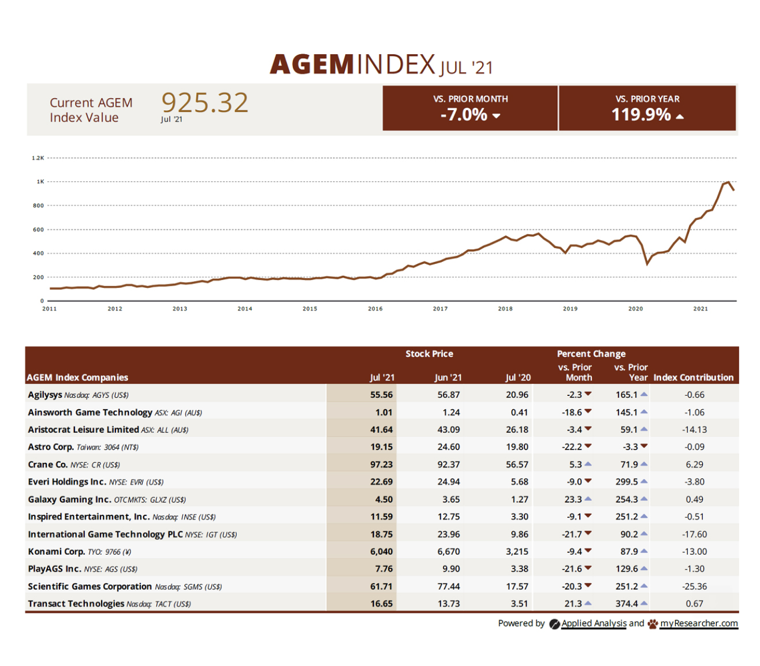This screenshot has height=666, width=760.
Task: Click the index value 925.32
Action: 205,103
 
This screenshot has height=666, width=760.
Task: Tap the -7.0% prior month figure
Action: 464,114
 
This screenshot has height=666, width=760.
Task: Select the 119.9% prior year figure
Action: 641,114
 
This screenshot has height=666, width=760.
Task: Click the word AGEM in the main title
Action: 312,64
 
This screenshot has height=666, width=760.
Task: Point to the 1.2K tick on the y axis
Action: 38,158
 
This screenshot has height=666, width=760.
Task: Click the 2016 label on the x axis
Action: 375,309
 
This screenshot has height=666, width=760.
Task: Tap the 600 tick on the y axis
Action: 38,230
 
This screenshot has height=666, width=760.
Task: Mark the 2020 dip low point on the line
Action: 647,264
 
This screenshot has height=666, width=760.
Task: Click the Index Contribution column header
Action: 693,377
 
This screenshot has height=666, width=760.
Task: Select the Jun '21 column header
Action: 448,377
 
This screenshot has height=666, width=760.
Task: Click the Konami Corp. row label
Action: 57,551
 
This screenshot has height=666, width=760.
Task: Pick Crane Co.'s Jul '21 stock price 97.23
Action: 381,465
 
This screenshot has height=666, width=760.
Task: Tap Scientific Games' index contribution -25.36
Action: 694,586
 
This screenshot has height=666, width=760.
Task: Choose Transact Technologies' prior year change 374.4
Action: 627,604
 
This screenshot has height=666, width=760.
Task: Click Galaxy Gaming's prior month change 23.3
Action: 573,499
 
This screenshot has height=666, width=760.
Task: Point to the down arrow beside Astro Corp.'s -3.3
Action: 644,446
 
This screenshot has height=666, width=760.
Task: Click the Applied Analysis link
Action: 594,623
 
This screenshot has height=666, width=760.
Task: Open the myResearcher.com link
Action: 699,623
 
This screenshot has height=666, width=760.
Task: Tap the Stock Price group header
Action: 429,354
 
